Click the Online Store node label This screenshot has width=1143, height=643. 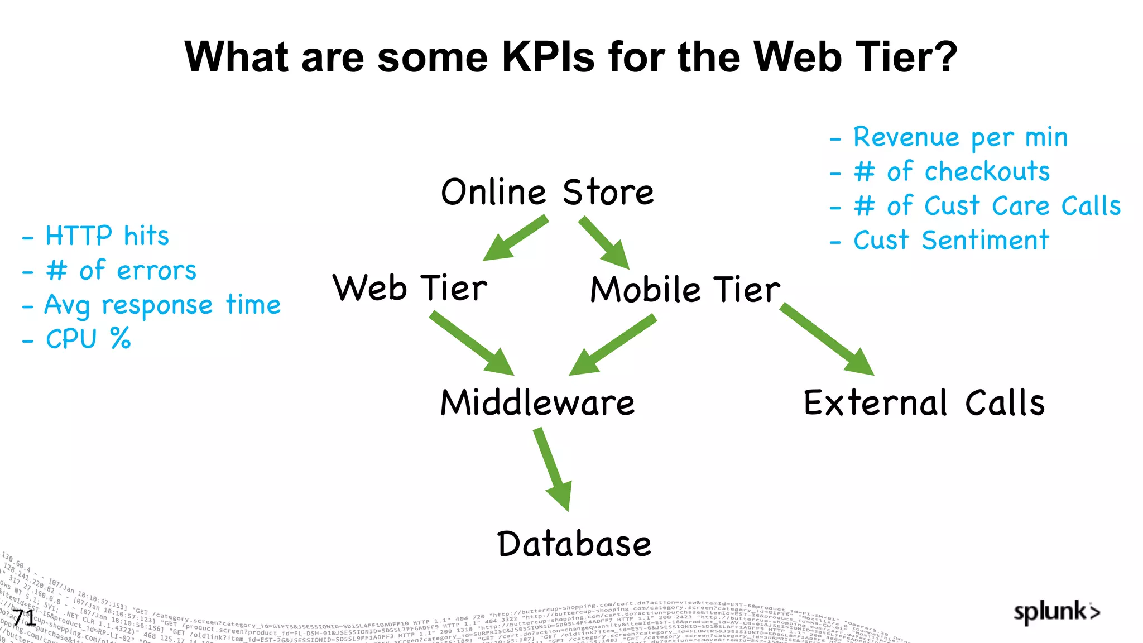click(x=547, y=192)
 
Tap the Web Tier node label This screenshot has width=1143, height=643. click(x=410, y=288)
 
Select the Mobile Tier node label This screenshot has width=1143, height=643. click(x=685, y=290)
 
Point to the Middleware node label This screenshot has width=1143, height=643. click(x=537, y=402)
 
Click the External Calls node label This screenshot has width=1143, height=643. click(x=924, y=402)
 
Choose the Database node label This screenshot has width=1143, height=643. click(x=574, y=544)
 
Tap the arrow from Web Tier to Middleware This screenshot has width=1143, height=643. click(x=472, y=343)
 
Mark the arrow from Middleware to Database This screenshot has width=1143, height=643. click(x=553, y=469)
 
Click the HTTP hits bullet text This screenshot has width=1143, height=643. click(x=107, y=236)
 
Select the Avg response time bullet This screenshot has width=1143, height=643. click(x=162, y=305)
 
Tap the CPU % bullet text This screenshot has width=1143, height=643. click(x=88, y=339)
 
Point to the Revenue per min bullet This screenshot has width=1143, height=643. click(x=960, y=137)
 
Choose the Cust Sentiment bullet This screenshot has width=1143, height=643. click(x=951, y=241)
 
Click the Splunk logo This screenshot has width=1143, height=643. click(x=1056, y=612)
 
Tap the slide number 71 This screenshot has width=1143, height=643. click(x=23, y=618)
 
